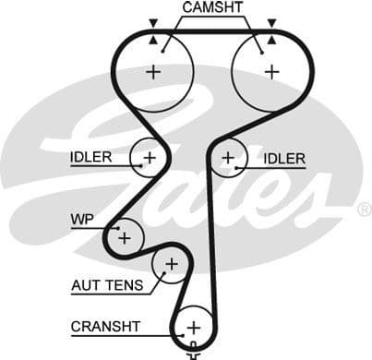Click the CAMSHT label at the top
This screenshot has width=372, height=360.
coord(212,7)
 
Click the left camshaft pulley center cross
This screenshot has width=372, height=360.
coord(153,71)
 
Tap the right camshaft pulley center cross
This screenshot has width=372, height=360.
coord(270,71)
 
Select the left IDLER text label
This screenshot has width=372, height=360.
coord(90,157)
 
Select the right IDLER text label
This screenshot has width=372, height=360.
coord(283,159)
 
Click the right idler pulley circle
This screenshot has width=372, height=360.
coord(227,158)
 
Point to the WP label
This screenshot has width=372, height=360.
coord(82,220)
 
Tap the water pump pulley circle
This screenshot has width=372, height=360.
coord(124,238)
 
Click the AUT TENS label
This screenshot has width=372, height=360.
coord(107,285)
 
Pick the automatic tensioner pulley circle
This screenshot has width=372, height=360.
coord(170,265)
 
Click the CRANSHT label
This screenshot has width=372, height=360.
coord(105,326)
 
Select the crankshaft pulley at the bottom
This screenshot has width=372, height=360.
coord(194,327)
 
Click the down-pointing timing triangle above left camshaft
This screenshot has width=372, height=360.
coord(153,22)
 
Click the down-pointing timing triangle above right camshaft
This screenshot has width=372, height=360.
coord(270,22)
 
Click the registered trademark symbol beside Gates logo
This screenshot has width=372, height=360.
coord(363,210)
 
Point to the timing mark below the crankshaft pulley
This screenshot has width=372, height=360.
coord(194,354)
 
